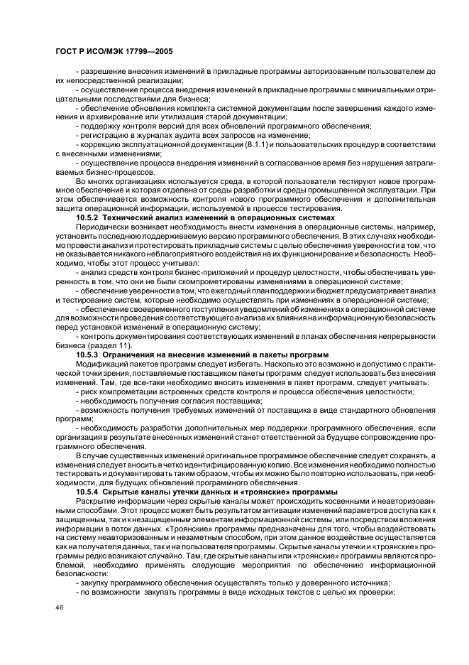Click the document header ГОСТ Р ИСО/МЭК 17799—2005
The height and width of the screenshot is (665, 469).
coord(114,53)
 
